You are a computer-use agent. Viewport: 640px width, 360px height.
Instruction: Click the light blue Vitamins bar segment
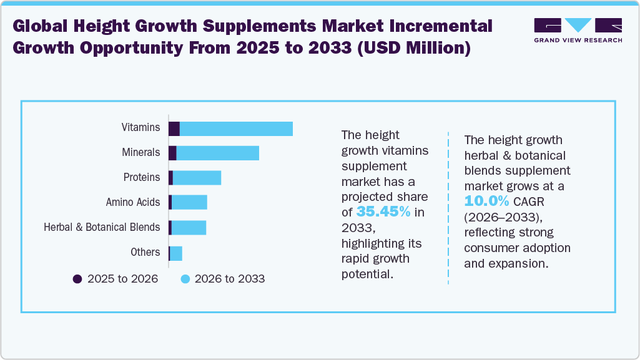click(236, 129)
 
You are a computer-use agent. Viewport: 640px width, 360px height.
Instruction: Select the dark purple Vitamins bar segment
click(174, 129)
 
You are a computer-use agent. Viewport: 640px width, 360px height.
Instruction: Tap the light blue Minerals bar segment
click(217, 153)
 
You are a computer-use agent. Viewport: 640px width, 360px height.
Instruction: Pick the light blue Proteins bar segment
click(197, 178)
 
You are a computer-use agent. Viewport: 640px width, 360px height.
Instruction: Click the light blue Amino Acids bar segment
click(189, 202)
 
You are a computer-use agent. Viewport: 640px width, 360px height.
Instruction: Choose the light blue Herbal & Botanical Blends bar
click(189, 227)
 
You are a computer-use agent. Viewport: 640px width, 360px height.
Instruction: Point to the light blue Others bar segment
click(176, 253)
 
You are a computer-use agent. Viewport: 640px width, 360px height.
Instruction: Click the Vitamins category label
click(140, 128)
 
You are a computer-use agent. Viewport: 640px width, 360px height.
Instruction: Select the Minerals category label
click(141, 153)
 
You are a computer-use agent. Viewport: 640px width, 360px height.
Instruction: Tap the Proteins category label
click(142, 178)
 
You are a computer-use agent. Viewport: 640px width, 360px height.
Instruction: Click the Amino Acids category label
click(133, 203)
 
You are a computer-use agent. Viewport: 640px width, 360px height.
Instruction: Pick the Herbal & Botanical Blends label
click(102, 228)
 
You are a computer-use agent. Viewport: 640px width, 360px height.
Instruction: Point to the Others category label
click(145, 253)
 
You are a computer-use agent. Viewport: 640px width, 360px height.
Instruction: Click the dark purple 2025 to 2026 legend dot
click(77, 279)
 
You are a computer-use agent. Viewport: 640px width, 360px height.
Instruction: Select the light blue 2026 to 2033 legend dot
click(185, 279)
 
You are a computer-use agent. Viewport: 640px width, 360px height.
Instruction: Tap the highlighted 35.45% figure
click(383, 212)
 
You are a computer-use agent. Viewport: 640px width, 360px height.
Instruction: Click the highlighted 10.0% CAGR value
click(486, 201)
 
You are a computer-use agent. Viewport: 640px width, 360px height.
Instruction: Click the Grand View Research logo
click(578, 30)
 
